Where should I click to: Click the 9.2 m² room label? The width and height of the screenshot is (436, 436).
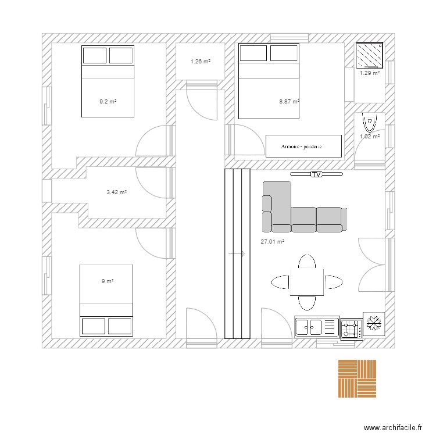point(108,102)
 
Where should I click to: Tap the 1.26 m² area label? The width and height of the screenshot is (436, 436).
point(200,62)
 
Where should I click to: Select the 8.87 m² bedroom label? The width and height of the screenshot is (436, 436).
point(289,102)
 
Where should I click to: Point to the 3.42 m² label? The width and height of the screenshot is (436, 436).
point(116,192)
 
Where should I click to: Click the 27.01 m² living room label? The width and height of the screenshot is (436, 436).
point(272,242)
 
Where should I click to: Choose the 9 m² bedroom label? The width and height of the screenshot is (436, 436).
point(108,281)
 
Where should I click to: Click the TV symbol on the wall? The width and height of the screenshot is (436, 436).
point(316,174)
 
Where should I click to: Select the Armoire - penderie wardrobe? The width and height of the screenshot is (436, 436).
point(302,146)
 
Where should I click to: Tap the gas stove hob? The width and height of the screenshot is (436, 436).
point(351,328)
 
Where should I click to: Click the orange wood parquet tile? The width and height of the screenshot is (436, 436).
point(357,378)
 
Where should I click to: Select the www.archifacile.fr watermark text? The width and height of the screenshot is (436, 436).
point(392,428)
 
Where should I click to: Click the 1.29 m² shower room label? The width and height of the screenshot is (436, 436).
point(369,73)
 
